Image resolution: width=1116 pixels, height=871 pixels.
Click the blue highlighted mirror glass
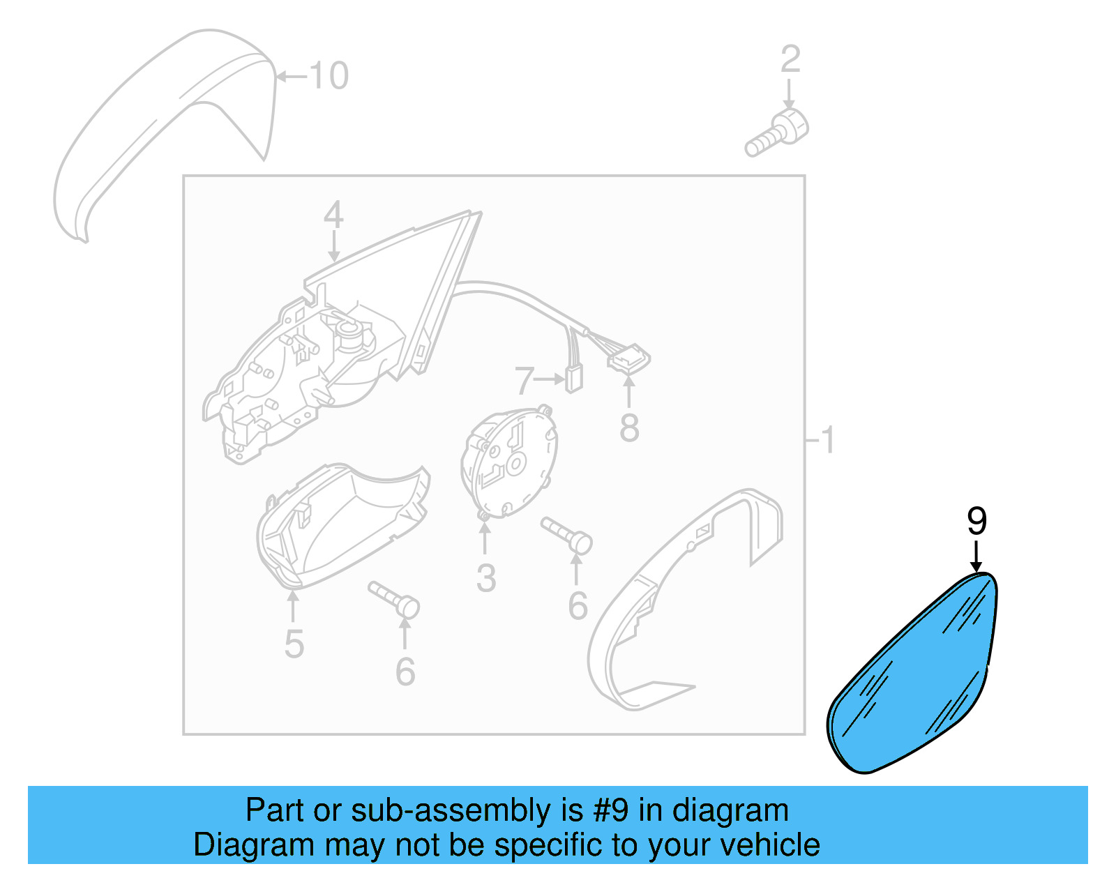[x=912, y=672]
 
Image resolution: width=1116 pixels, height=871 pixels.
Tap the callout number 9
[x=976, y=521]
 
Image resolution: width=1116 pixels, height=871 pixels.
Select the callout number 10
[x=329, y=75]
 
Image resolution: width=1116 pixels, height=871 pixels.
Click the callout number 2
[x=790, y=59]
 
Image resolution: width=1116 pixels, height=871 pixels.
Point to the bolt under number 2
[x=776, y=133]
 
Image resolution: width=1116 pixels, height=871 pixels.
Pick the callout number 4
[x=333, y=215]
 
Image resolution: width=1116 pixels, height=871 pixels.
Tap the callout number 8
[x=629, y=427]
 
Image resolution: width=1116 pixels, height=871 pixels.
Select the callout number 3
[x=486, y=578]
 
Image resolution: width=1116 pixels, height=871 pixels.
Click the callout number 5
[x=294, y=644]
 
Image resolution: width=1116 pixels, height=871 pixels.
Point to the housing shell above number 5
[x=343, y=525]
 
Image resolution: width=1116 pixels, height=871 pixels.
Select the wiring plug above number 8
[x=628, y=358]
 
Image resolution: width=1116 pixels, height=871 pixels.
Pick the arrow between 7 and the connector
[x=550, y=379]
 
